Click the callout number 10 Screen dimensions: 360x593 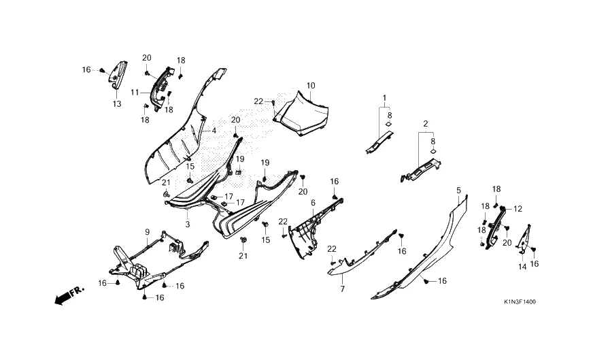[311, 86]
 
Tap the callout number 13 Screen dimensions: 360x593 [117, 104]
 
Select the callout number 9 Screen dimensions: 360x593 [146, 232]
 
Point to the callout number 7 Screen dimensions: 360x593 [342, 289]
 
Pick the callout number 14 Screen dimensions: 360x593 [522, 267]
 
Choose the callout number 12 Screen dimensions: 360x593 [518, 209]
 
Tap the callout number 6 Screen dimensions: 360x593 [313, 203]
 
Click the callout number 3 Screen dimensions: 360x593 [187, 223]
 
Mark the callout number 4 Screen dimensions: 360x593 [214, 130]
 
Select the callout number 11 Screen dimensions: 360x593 [135, 92]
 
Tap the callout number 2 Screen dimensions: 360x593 [425, 124]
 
